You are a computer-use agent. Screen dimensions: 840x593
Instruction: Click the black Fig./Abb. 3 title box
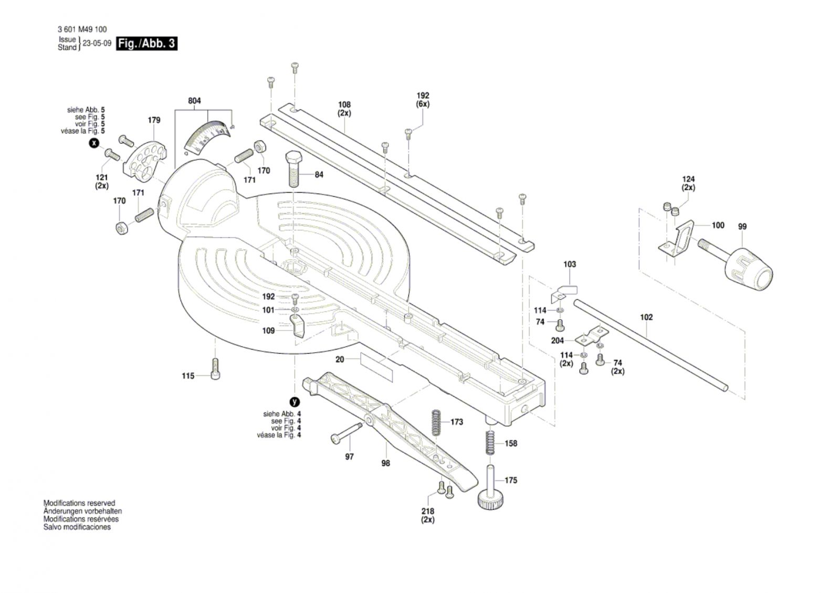coord(146,44)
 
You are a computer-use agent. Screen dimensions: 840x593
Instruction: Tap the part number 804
coord(194,100)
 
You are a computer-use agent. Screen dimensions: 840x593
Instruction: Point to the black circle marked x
coord(94,143)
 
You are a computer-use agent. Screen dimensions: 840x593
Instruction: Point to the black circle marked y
coord(295,402)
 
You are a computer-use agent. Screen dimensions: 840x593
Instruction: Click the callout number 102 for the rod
coord(646,317)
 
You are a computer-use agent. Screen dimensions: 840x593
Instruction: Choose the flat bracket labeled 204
coord(592,336)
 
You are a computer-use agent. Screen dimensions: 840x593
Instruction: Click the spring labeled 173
coord(435,422)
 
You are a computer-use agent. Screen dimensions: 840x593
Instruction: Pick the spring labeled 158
coord(490,442)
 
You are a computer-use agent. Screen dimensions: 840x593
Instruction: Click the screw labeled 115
coord(216,369)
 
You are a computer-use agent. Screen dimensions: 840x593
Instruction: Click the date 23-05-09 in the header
coord(97,43)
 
